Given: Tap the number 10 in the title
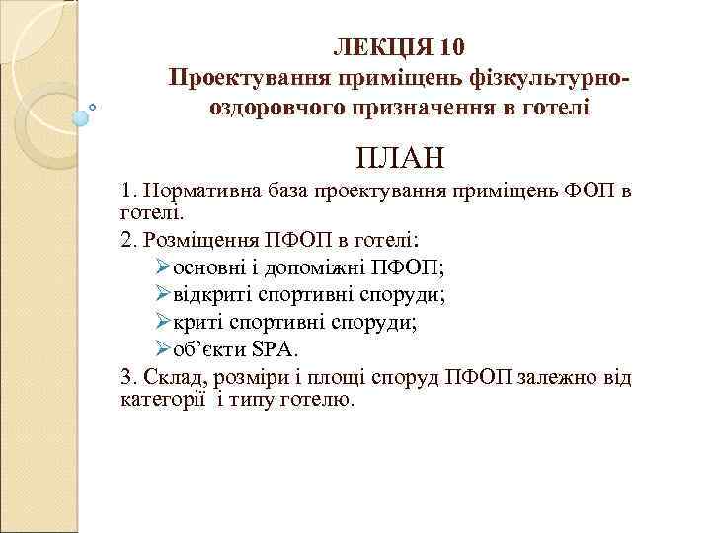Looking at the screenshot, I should (x=446, y=48).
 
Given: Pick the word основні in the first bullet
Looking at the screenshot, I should (x=209, y=266).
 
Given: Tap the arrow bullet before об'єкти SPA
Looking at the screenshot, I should (x=164, y=347).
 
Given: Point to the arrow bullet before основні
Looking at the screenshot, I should (x=164, y=266).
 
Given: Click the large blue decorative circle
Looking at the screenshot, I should (x=81, y=115).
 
